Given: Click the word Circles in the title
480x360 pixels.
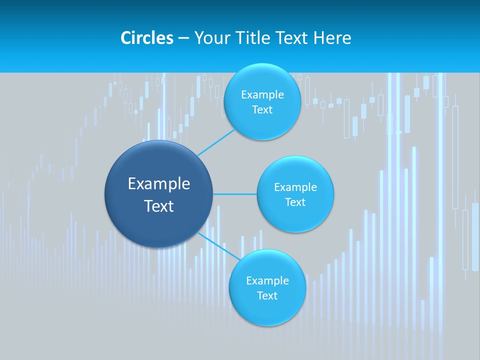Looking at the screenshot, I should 147,38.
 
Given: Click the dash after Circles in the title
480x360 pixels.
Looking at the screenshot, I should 183,38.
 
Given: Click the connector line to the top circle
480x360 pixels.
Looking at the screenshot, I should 216,142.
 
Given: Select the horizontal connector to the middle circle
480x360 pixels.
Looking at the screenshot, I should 234,194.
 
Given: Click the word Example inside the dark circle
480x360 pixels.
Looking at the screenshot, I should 158,184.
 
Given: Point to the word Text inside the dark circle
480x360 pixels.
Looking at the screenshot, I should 158,206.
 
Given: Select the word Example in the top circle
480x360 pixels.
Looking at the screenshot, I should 262,95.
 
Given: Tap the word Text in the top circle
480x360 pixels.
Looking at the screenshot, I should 262,110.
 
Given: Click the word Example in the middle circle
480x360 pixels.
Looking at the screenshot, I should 295,187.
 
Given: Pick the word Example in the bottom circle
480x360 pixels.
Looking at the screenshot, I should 267,281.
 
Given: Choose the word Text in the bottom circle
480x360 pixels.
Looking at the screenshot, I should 267,296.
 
